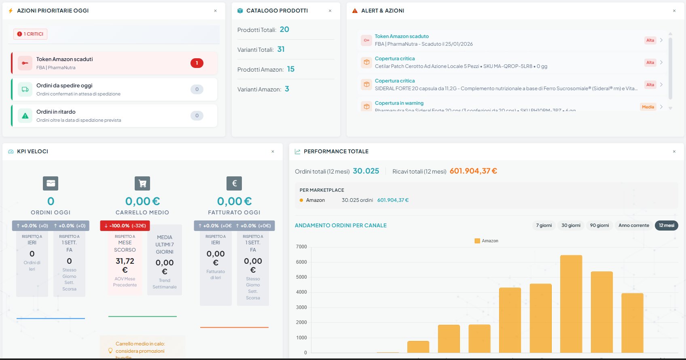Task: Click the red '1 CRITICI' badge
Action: [x=30, y=34]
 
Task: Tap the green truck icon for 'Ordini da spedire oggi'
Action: [x=25, y=89]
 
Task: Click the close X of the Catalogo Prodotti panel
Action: [x=330, y=11]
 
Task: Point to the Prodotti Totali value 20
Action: [x=284, y=30]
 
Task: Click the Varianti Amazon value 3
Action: [x=287, y=89]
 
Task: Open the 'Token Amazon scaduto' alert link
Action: [x=402, y=36]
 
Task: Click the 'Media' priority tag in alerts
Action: [x=648, y=107]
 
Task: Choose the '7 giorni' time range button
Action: [x=544, y=226]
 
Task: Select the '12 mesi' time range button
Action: [x=666, y=226]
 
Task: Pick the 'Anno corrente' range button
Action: [x=633, y=226]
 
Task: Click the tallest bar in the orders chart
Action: [x=571, y=303]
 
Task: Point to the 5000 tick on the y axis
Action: [x=301, y=277]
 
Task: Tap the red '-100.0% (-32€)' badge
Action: [x=125, y=226]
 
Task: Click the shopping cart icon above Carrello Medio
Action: [x=142, y=183]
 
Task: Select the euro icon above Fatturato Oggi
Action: [x=234, y=183]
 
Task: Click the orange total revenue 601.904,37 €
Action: [x=473, y=171]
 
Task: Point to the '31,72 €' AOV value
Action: [x=125, y=265]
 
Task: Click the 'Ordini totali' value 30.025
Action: [x=366, y=171]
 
